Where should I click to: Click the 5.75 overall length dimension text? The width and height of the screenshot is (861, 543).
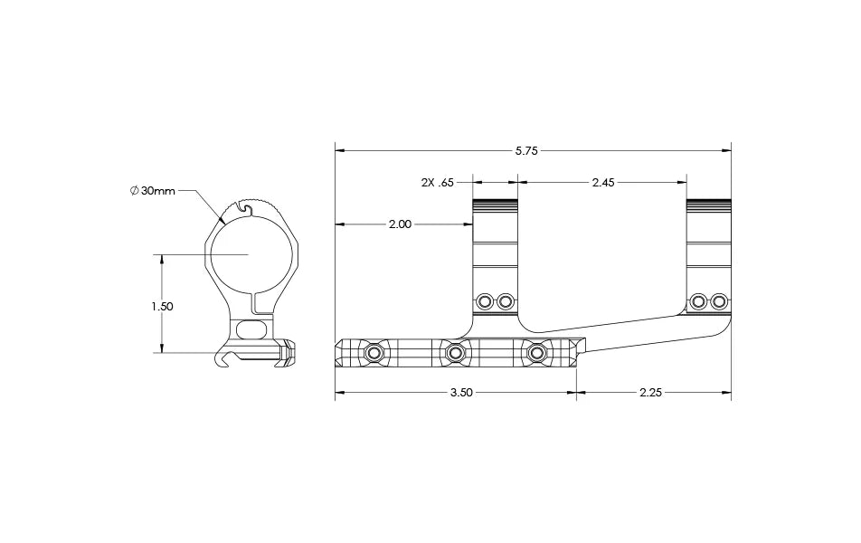coord(526,151)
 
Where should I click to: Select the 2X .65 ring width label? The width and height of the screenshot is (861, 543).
coord(437,182)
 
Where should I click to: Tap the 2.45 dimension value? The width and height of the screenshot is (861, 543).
coord(602,182)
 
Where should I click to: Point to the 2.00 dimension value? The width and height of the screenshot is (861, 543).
coord(400,224)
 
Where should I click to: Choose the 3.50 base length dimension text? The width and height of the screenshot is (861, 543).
coord(461,394)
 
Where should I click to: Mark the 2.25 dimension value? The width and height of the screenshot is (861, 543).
coord(651,394)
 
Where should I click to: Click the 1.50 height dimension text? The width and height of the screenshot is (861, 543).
coord(162,306)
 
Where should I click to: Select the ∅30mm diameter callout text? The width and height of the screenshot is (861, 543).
coord(152,191)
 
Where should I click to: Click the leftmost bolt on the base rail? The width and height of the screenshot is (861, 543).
coord(373,351)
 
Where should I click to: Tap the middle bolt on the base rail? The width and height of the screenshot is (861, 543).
coord(455,351)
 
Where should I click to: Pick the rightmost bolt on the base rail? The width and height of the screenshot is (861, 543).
coord(537,351)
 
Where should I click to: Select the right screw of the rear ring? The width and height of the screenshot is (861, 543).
coord(719,300)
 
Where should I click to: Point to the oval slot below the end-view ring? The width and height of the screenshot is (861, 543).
coord(252,329)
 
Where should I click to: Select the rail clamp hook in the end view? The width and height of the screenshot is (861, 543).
coord(225,361)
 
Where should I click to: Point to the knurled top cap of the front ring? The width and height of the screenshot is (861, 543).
coord(495,202)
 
